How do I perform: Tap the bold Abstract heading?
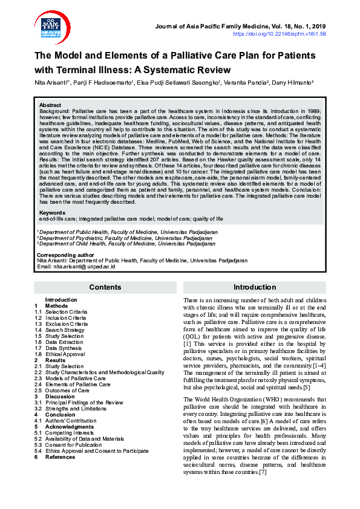(x=50, y=105)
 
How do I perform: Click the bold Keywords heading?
(x=52, y=213)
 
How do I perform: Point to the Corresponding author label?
(x=63, y=255)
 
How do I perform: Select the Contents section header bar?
(x=105, y=288)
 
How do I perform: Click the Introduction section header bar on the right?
(x=255, y=288)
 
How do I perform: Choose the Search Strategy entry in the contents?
(x=65, y=330)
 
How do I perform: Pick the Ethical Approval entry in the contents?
(x=65, y=354)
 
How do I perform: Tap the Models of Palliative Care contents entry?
(x=77, y=378)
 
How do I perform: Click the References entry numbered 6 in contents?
(x=61, y=457)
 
